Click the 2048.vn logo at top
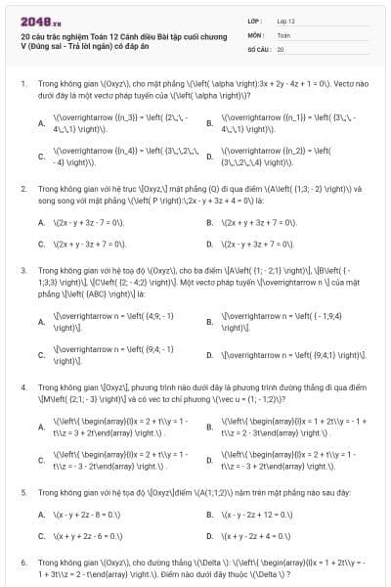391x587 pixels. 38,19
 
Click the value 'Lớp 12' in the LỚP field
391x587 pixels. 286,20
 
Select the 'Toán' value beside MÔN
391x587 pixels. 284,34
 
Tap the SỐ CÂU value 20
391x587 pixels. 281,48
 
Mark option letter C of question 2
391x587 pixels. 41,243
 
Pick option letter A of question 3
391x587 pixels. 41,321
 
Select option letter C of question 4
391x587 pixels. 41,459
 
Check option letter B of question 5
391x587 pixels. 209,514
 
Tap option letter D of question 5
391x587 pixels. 209,536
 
